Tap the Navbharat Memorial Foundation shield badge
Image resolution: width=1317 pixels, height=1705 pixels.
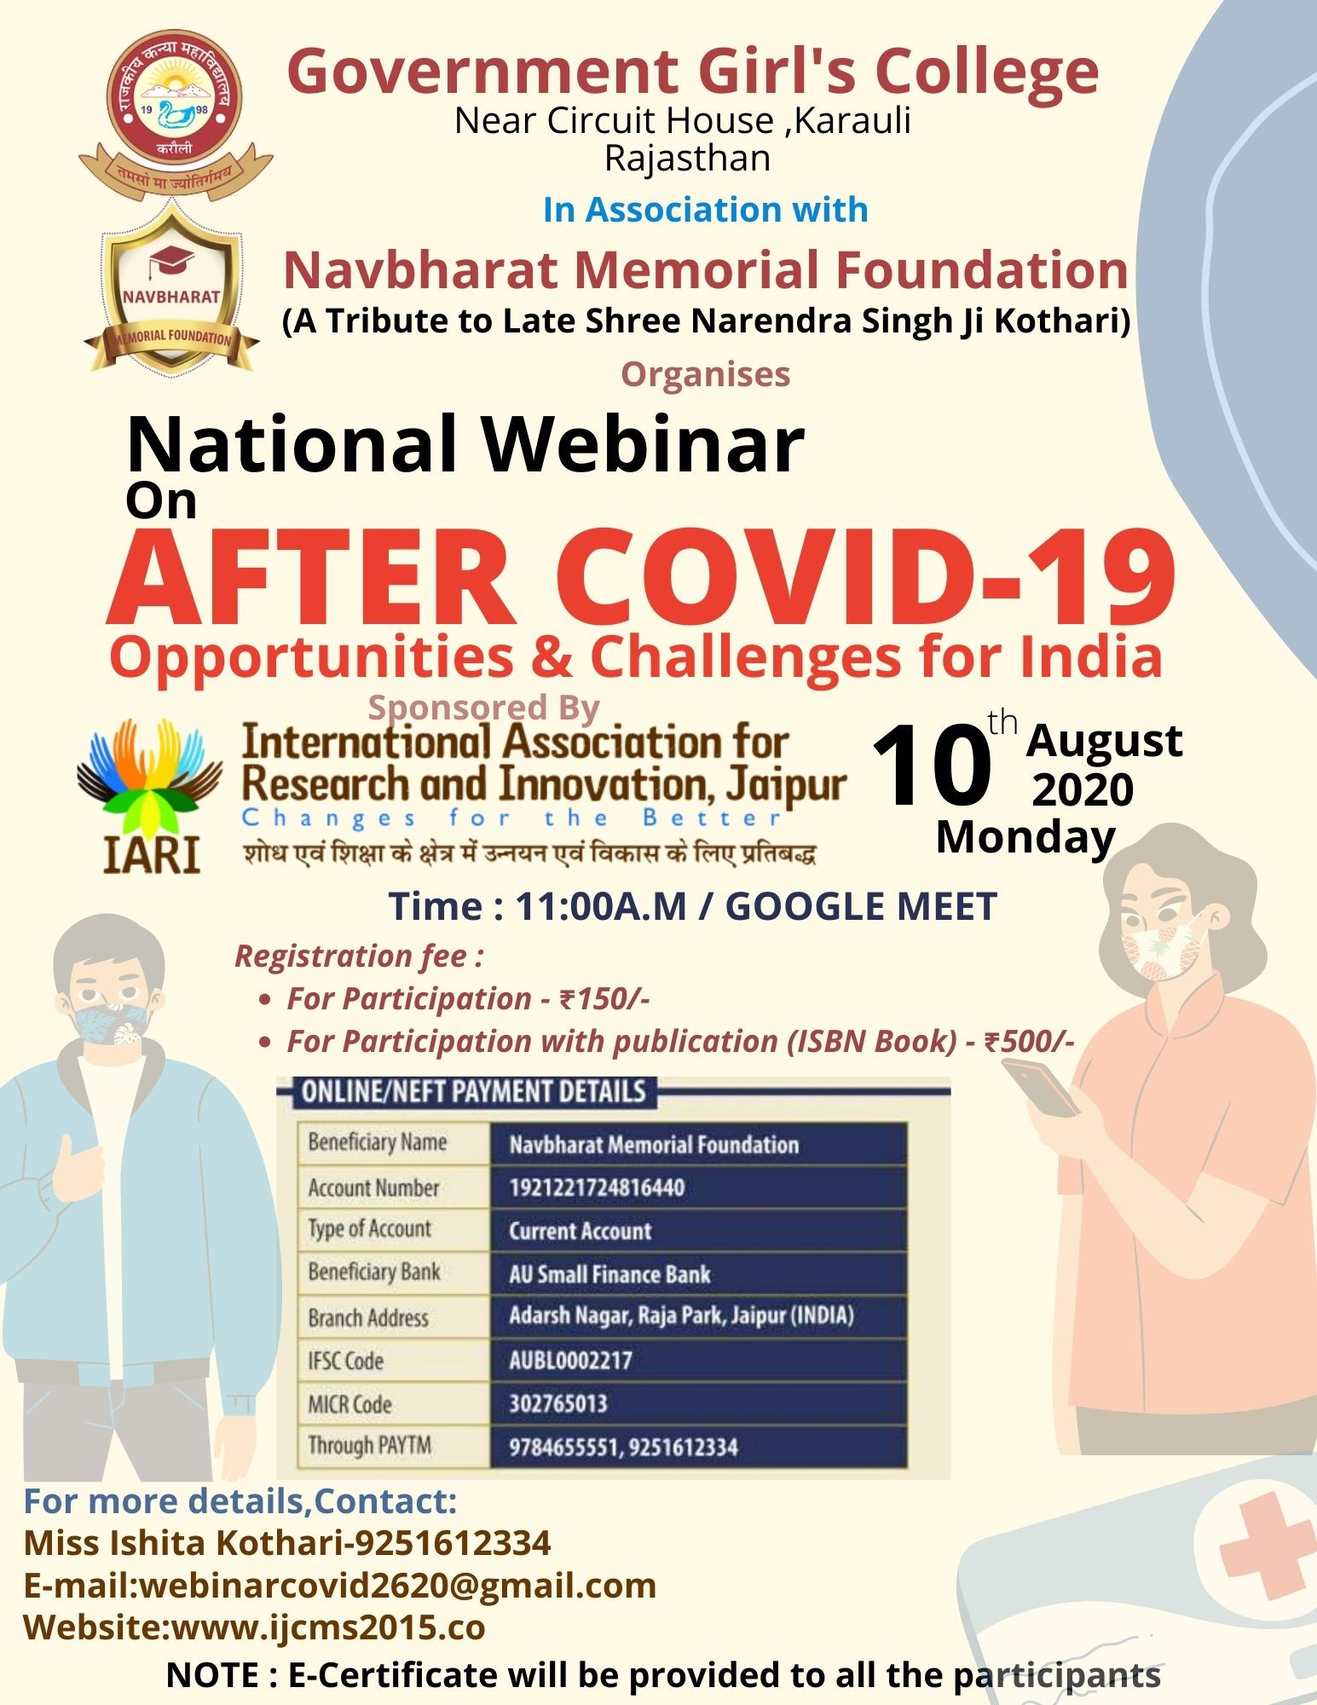171,289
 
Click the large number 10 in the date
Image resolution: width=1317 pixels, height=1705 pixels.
931,766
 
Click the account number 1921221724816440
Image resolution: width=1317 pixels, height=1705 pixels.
597,1188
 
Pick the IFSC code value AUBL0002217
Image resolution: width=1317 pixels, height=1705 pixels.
570,1360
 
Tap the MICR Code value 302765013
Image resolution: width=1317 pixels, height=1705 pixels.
557,1403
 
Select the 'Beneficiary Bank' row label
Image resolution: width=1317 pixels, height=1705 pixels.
373,1272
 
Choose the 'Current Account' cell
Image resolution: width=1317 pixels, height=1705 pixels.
580,1231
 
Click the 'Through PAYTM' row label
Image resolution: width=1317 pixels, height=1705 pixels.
369,1445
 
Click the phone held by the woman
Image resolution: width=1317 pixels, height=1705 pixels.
1041,1086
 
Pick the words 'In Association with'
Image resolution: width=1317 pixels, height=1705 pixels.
705,210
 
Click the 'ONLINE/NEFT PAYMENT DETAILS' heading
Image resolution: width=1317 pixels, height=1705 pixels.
473,1092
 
